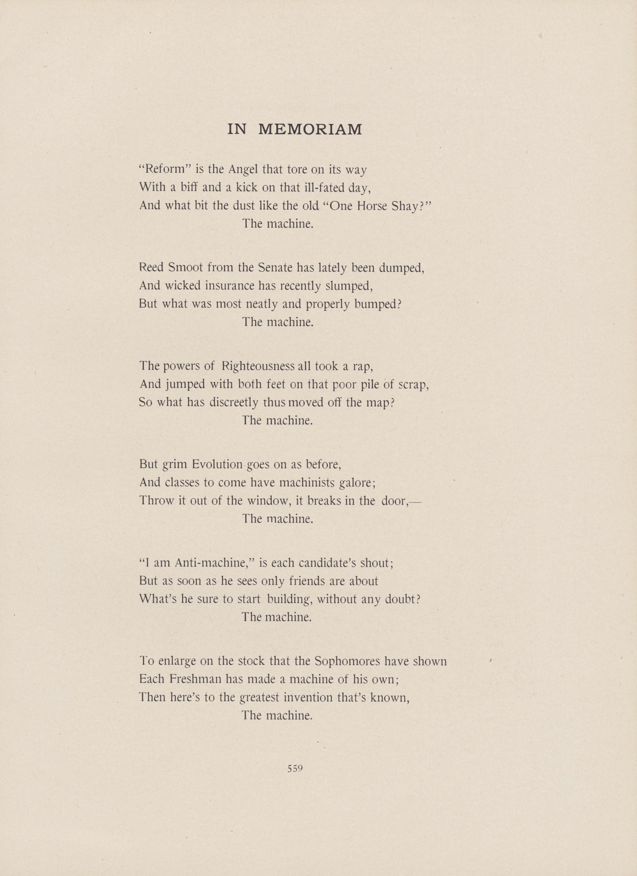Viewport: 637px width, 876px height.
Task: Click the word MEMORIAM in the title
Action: tap(310, 130)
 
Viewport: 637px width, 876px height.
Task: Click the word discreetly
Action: tap(234, 402)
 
